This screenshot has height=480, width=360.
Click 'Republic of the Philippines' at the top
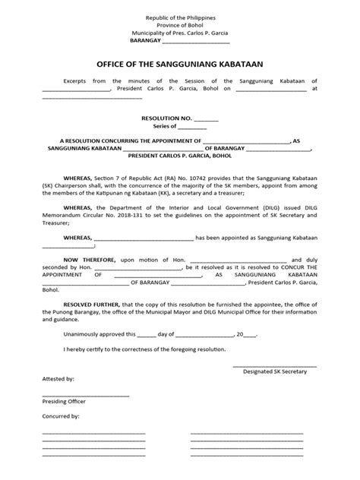180,15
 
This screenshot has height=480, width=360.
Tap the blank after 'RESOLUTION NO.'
207,119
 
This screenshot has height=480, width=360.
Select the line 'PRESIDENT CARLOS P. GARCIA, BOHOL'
180,156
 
